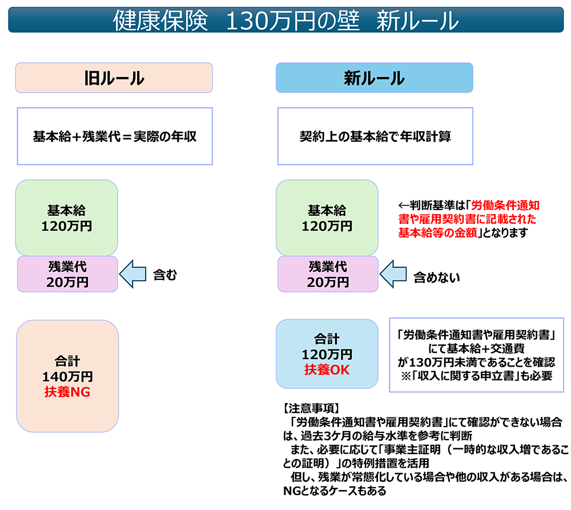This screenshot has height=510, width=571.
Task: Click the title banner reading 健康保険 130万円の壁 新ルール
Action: coord(285,21)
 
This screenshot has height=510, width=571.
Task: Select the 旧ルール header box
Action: coord(114,78)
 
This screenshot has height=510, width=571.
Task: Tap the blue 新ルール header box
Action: coord(375,78)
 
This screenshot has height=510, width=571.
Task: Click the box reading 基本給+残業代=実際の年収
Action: coord(115,136)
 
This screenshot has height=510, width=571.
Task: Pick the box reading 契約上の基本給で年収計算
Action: coord(375,136)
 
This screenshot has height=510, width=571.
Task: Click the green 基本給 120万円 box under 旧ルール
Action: coord(67,218)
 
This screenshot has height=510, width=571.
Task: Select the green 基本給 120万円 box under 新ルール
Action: coord(327,218)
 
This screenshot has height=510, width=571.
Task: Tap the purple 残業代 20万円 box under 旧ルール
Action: coord(67,274)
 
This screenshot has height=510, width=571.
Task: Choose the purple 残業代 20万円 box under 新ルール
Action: coord(328,274)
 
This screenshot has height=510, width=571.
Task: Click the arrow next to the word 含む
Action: coord(133,275)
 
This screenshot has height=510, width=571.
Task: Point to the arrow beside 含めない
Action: coord(393,275)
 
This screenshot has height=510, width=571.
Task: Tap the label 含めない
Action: coord(437,277)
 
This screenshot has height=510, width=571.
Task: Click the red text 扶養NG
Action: coord(67,392)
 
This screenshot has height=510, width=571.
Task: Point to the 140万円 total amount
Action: coord(67,377)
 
